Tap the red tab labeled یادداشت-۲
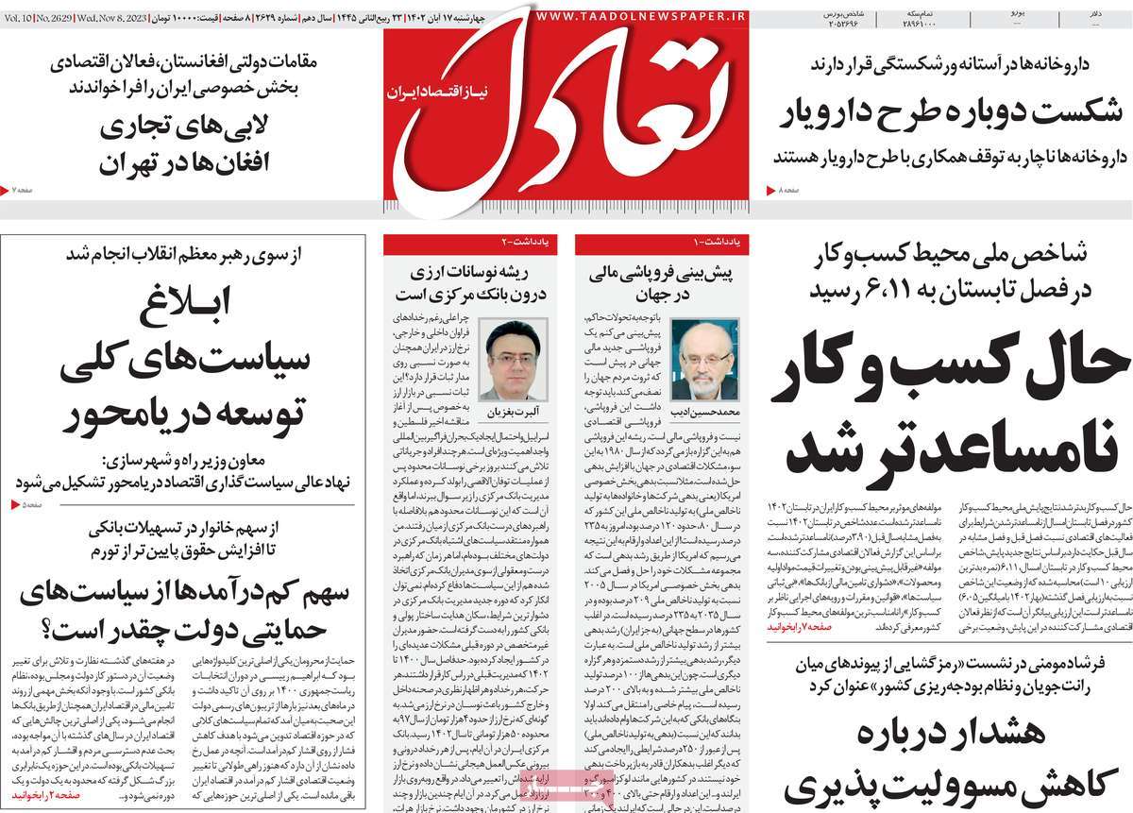pos(518,244)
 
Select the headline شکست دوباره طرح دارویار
pos(953,111)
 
